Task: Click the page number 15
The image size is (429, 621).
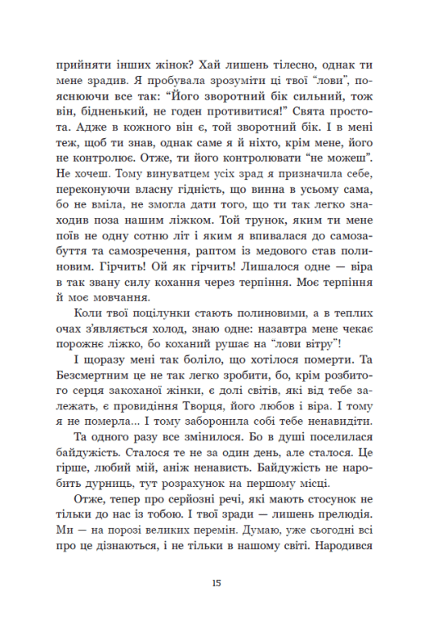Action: pyautogui.click(x=214, y=583)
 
